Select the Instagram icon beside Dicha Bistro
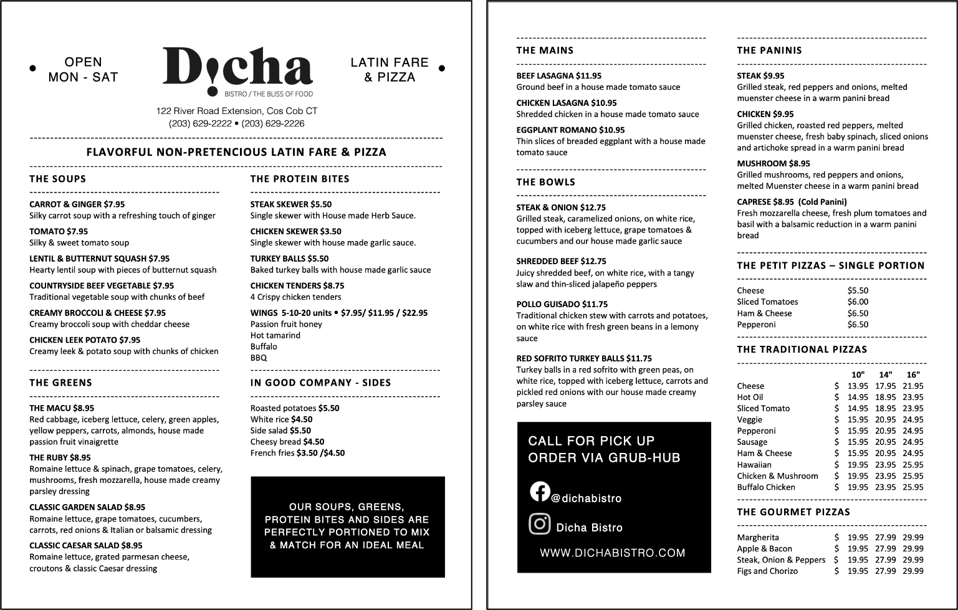(x=539, y=524)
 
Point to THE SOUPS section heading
(x=58, y=179)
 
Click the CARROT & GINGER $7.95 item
(x=77, y=204)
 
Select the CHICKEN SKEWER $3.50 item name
(x=295, y=231)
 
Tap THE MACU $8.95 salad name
(x=62, y=409)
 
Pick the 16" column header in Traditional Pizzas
(x=913, y=374)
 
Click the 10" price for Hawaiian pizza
(x=858, y=465)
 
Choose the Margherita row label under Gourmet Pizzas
(x=758, y=538)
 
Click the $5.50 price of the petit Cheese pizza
(x=858, y=291)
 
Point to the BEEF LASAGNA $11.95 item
(x=558, y=76)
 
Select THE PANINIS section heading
(x=769, y=50)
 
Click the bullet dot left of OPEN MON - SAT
(x=33, y=69)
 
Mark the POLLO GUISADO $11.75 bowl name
(x=562, y=304)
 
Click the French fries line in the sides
(x=297, y=453)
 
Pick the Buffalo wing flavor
(x=264, y=346)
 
